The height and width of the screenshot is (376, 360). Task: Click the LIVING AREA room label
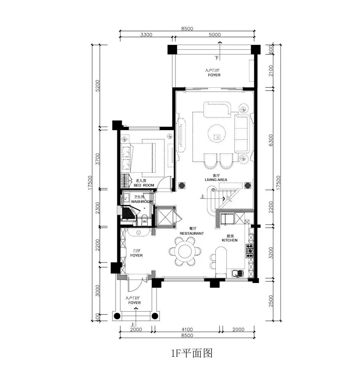pos(216,180)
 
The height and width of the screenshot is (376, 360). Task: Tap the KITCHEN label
pos(230,240)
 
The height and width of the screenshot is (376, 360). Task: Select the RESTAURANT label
pos(192,233)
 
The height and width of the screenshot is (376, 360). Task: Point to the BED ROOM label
pos(144,185)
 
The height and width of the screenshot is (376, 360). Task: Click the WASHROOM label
pos(142,202)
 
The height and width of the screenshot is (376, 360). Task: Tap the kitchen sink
pos(237,273)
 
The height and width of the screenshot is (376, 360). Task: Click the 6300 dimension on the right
pos(271,140)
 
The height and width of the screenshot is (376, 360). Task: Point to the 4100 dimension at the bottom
pos(187,329)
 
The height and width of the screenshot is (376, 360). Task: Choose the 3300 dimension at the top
pos(146,34)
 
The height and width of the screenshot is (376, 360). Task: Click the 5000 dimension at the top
pos(215,34)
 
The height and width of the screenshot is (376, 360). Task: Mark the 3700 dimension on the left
pos(97,159)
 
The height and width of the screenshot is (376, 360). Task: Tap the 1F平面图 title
pos(192,353)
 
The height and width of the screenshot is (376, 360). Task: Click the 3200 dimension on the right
pos(271,253)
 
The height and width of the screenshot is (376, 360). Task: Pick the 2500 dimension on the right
pos(271,301)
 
